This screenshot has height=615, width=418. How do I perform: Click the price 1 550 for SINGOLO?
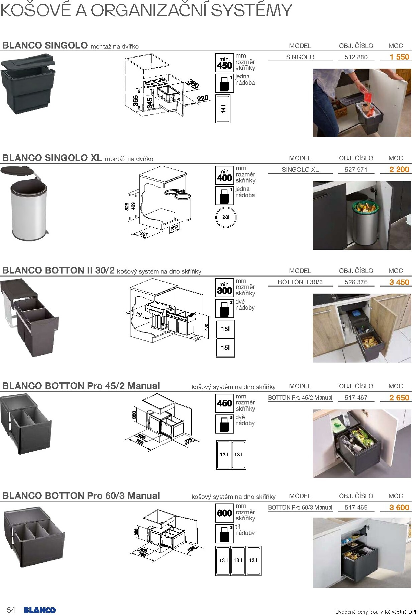click(399, 57)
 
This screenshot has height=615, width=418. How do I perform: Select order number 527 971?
click(356, 169)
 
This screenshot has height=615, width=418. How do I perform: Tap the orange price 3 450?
click(399, 282)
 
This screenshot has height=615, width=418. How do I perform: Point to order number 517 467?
click(356, 398)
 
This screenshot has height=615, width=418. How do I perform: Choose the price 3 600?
click(399, 508)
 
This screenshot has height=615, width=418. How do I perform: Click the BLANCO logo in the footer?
click(40, 610)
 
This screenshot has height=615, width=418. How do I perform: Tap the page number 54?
click(11, 610)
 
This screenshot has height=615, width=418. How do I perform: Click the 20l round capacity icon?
click(226, 217)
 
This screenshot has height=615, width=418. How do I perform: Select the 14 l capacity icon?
click(223, 108)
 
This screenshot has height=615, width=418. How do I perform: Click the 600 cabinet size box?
click(224, 513)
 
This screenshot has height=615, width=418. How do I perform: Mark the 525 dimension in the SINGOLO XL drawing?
click(127, 207)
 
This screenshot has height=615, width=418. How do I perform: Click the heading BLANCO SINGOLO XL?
click(52, 158)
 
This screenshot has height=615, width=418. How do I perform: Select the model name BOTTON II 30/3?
click(300, 282)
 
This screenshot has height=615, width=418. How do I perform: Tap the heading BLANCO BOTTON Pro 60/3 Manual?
click(81, 495)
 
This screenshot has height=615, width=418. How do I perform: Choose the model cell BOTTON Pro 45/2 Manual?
click(300, 398)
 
